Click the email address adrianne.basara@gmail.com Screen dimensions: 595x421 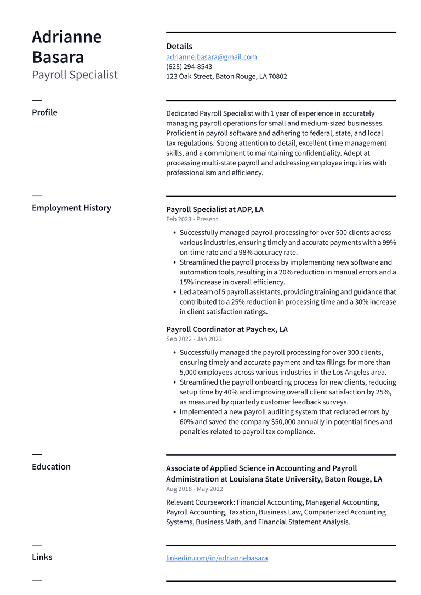point(211,57)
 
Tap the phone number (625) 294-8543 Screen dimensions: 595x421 point(189,67)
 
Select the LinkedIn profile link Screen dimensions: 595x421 point(217,558)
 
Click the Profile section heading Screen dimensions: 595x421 point(44,112)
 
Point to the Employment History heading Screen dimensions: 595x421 point(71,208)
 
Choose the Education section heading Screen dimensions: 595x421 point(51,467)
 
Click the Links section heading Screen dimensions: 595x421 point(42,557)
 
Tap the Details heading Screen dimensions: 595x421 point(179,47)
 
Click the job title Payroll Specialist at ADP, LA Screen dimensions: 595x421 point(214,209)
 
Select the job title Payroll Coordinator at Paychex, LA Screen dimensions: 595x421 point(226,329)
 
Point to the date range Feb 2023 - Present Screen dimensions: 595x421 point(192,219)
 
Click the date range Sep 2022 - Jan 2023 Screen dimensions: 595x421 point(194,339)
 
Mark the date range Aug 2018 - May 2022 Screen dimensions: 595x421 point(195,489)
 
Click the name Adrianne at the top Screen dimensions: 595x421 point(66,37)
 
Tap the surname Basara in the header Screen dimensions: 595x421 point(58,57)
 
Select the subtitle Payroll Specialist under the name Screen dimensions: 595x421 point(75,75)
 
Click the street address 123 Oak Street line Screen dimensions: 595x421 point(226,77)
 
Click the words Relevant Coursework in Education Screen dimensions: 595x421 point(200,502)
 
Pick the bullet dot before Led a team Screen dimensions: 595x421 point(174,292)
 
